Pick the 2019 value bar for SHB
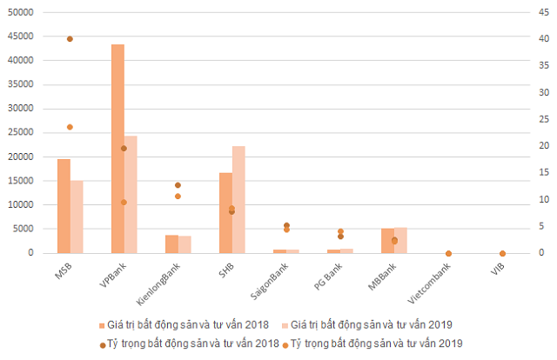coord(238,199)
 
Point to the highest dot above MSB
coord(70,39)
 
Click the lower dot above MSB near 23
coord(70,127)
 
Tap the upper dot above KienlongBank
coord(178,185)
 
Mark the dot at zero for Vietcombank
coord(448,253)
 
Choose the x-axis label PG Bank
coord(327,276)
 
